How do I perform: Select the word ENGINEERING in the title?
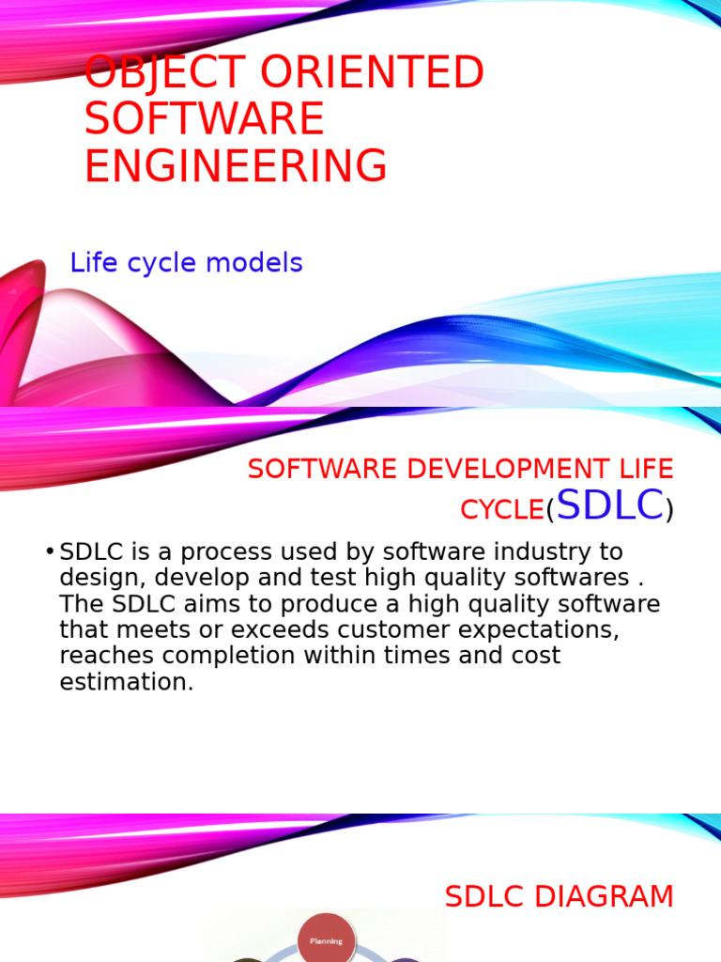tap(236, 166)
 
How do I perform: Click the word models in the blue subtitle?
tap(257, 263)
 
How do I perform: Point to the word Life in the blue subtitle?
tap(92, 263)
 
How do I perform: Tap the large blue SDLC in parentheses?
tap(609, 505)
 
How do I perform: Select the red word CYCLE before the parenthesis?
tap(501, 510)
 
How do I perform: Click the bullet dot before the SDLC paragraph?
tap(49, 551)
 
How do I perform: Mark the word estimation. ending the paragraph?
tap(126, 682)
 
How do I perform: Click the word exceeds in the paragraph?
tap(275, 629)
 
